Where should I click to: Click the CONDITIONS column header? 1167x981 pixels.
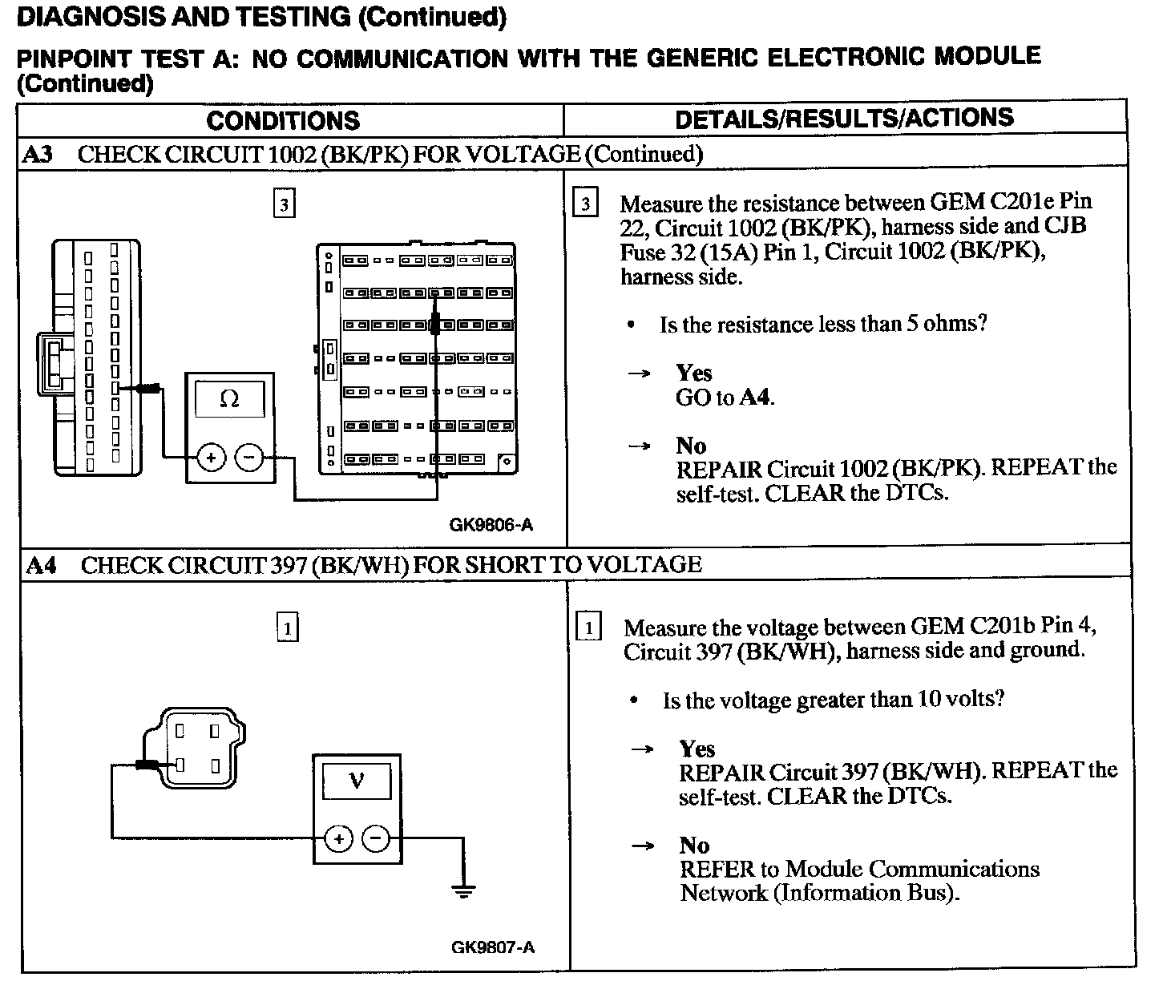(283, 121)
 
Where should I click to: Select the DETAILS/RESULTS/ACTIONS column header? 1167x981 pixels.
(844, 119)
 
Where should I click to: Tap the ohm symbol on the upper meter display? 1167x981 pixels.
(229, 398)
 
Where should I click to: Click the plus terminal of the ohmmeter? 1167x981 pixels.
(211, 458)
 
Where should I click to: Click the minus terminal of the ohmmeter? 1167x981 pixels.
(248, 458)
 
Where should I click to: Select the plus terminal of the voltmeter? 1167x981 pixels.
(338, 839)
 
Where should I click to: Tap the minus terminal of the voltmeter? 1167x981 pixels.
(376, 839)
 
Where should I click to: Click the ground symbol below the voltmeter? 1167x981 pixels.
(462, 889)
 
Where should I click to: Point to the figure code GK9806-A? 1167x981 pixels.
(491, 526)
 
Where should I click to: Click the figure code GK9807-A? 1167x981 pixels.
(493, 947)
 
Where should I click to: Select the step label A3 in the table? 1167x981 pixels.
(38, 154)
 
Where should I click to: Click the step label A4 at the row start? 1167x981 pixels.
(41, 565)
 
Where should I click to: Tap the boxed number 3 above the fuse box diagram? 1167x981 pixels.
(284, 204)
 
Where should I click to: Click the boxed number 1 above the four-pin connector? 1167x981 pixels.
(287, 628)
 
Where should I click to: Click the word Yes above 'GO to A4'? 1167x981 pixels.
(693, 373)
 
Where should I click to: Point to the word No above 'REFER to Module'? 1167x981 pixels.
(694, 846)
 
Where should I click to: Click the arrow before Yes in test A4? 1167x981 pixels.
(643, 749)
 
